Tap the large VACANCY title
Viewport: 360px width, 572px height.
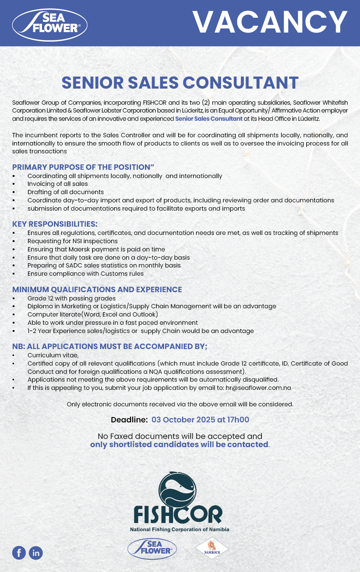(270, 22)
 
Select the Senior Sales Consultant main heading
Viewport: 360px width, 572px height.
(180, 82)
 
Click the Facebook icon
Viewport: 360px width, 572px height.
(19, 553)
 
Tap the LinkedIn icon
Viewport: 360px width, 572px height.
(36, 553)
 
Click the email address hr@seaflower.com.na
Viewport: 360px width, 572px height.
(258, 388)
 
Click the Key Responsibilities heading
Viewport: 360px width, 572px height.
(55, 224)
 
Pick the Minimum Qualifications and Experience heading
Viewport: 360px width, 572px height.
(97, 290)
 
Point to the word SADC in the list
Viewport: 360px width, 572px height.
(74, 265)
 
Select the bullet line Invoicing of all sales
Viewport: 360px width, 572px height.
(58, 184)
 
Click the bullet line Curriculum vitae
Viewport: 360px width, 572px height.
(53, 355)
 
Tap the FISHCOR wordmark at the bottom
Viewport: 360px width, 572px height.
(178, 515)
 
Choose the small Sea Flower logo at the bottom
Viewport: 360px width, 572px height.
(152, 549)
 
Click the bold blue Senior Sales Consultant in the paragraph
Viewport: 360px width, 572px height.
(209, 119)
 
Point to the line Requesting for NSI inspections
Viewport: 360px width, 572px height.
(72, 241)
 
